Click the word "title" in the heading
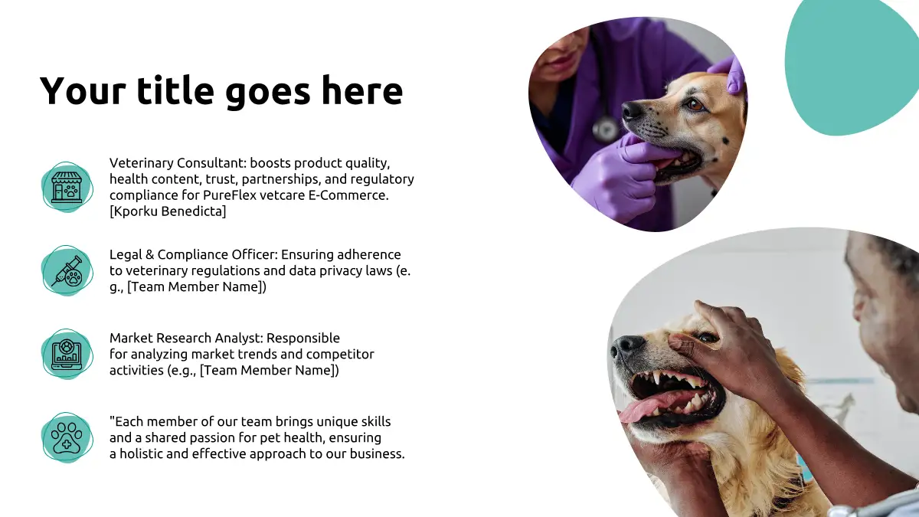click(175, 90)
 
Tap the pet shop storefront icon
click(67, 187)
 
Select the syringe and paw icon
click(67, 271)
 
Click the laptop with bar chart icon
click(67, 354)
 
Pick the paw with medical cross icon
click(67, 438)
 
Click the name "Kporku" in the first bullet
click(135, 211)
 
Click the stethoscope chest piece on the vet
click(606, 128)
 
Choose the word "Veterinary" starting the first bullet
click(141, 163)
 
